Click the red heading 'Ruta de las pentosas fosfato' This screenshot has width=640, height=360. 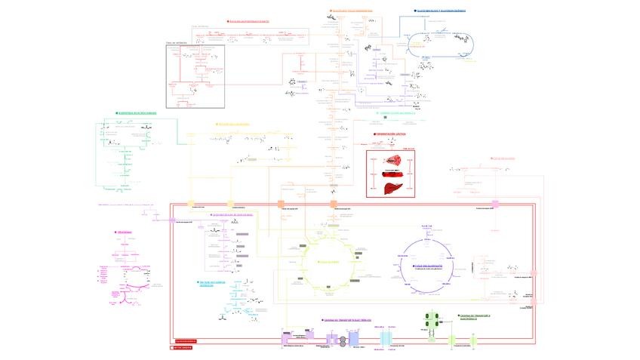pos(249,21)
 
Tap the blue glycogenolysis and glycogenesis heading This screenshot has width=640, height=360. pos(442,11)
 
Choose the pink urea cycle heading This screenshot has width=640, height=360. pos(127,232)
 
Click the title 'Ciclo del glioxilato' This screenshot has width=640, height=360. pos(432,266)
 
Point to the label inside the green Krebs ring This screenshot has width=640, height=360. pos(328,262)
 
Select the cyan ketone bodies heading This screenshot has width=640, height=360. pos(212,284)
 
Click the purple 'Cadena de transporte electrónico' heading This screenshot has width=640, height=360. pos(348,320)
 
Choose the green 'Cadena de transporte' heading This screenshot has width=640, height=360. pos(475,316)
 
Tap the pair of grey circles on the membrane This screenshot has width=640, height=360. pos(338,341)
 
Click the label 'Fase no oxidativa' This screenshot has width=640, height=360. pos(176,44)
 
